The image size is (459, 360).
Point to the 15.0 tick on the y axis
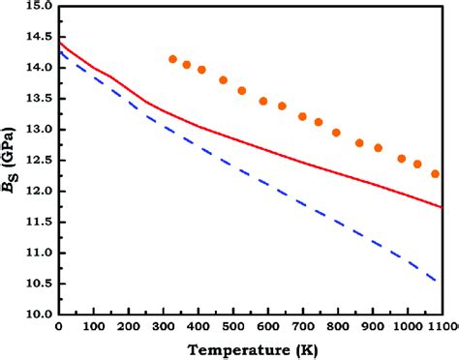tap(37, 7)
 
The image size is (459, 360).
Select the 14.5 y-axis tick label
tap(37, 37)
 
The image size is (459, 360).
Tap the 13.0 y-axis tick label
tap(37, 130)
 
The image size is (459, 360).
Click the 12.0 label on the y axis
tap(37, 192)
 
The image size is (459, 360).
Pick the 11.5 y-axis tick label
tap(37, 223)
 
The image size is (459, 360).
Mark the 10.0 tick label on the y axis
tap(37, 315)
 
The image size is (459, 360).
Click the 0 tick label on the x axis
tap(59, 327)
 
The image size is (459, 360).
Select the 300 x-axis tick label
tap(164, 327)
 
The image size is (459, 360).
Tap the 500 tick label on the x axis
tap(233, 327)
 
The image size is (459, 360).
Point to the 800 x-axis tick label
tap(337, 327)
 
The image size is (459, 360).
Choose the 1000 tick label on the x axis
tap(407, 327)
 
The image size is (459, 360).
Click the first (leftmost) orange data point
tap(173, 59)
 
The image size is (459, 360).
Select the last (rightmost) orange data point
tap(436, 174)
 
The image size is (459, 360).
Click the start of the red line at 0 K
tap(60, 43)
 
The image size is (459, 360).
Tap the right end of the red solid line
tap(441, 206)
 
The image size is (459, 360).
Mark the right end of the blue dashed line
tap(439, 282)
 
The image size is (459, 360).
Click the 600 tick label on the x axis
tap(268, 327)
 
